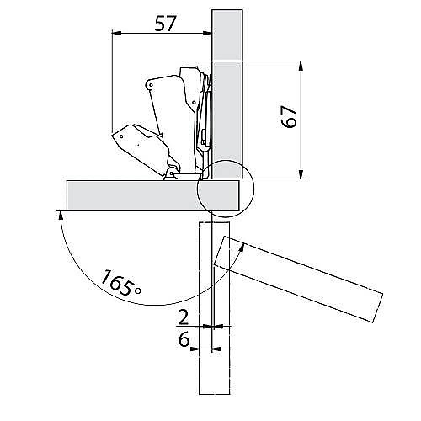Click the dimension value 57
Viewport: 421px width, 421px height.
165,24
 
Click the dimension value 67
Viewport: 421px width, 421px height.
289,117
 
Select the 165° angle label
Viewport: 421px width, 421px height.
120,283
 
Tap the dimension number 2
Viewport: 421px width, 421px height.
184,317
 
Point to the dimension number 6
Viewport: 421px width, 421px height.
184,340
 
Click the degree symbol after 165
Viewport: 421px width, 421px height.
138,290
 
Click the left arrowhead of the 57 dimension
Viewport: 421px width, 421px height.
116,34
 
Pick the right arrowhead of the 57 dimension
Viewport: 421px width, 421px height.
207,34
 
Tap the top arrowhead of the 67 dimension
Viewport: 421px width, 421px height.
301,66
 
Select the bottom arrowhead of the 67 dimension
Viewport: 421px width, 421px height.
301,174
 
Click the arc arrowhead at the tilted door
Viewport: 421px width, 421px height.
242,248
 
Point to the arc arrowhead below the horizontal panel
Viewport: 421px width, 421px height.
60,216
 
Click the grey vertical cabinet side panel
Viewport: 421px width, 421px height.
227,94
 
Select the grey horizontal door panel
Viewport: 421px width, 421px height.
153,195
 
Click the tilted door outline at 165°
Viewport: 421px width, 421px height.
298,280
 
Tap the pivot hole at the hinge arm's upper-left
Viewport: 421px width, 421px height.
152,84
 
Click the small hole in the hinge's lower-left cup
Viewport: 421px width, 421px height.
121,136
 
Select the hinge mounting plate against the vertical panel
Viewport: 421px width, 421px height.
207,112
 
